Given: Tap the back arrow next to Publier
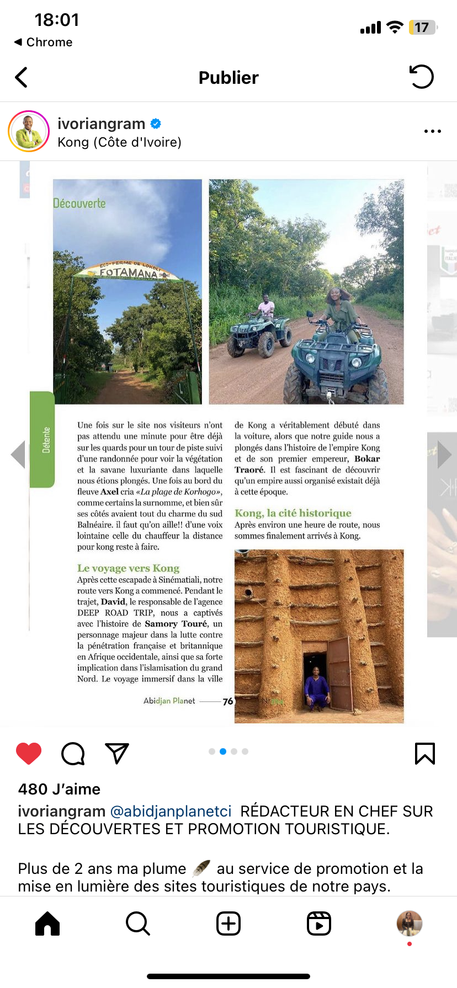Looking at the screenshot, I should click(x=22, y=78).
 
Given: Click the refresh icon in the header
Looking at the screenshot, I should click(x=422, y=77).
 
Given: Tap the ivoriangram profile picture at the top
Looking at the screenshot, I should click(x=29, y=131).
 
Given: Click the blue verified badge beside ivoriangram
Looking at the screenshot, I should click(x=156, y=123).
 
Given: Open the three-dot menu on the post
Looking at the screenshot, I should click(x=432, y=131).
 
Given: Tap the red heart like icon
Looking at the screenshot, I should click(x=29, y=753).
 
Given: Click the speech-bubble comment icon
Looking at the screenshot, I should click(x=73, y=754).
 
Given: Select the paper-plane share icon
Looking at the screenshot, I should click(x=116, y=753).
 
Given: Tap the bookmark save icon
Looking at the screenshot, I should click(x=424, y=753).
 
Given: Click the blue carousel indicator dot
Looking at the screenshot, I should click(x=223, y=751).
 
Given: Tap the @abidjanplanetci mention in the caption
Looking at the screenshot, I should click(x=171, y=811).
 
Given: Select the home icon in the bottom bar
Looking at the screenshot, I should click(x=47, y=923).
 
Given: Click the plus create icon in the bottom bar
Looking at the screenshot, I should click(x=228, y=923).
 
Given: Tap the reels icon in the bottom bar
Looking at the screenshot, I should click(x=319, y=923).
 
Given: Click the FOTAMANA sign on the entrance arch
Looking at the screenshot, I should click(x=129, y=272).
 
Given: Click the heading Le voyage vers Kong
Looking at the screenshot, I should click(x=128, y=568).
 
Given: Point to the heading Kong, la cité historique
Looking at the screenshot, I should click(x=293, y=513).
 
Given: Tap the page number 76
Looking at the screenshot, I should click(x=228, y=701).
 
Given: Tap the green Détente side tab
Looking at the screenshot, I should click(x=42, y=440).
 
